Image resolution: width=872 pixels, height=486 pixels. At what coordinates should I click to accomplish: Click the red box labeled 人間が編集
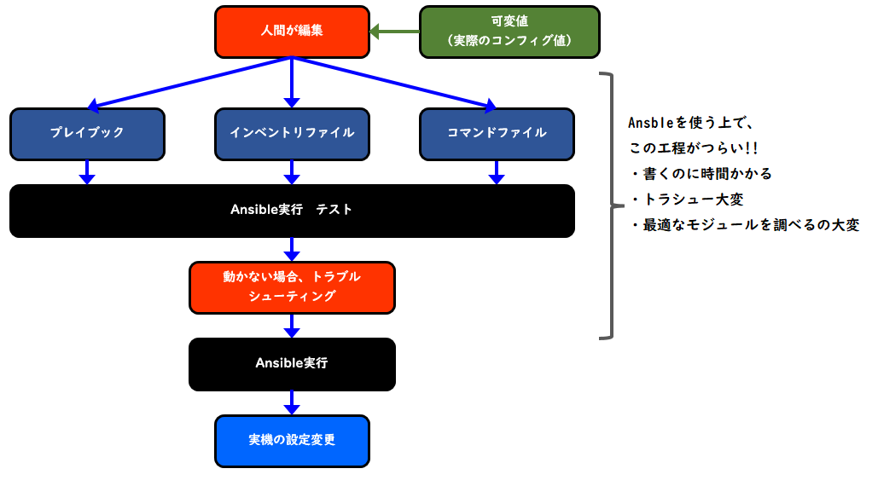coord(292,32)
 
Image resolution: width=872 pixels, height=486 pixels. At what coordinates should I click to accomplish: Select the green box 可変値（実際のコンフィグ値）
coord(509,32)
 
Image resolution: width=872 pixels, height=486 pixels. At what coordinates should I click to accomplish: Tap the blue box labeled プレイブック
coord(87,135)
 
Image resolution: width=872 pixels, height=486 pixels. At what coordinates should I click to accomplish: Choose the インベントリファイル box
coord(292,135)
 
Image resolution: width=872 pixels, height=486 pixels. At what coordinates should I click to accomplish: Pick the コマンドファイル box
coord(497,135)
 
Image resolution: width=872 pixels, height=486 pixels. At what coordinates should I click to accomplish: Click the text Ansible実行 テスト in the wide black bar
coord(292,210)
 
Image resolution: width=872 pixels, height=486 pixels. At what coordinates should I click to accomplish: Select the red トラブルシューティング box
coord(292,287)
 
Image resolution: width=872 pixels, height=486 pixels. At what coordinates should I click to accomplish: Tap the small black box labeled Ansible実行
coord(292,364)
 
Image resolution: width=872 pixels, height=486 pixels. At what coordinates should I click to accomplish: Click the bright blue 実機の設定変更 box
coord(292,441)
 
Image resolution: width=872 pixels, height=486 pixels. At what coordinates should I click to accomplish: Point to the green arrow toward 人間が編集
coord(394,32)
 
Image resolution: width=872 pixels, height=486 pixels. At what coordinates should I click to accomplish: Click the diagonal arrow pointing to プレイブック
coord(189,82)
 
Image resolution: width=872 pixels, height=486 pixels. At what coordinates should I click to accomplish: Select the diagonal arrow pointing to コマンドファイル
coord(394,82)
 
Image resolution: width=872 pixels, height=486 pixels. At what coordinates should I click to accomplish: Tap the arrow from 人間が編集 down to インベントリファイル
coord(292,82)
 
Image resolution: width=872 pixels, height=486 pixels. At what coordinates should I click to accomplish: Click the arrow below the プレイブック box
coord(87,172)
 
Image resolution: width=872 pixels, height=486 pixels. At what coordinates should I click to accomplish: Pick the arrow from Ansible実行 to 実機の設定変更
coord(292,402)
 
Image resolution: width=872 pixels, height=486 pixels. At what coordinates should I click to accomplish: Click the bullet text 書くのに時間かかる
coord(707,174)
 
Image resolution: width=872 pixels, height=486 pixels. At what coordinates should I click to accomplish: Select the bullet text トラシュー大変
coord(693,200)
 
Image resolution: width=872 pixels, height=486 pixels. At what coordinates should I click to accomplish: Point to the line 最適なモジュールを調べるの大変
coord(751,225)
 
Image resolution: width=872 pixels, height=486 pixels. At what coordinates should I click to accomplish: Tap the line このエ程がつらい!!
coord(694,148)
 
